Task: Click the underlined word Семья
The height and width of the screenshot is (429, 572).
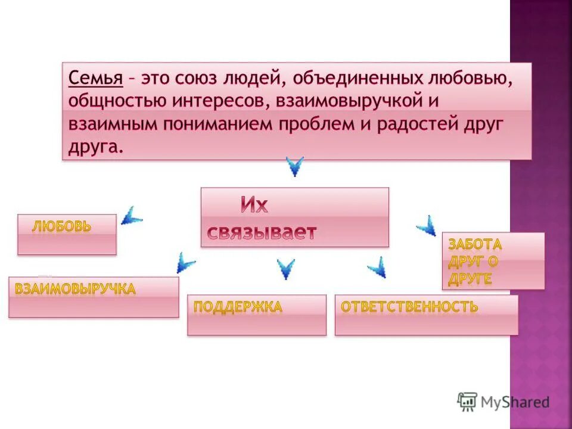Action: (x=96, y=78)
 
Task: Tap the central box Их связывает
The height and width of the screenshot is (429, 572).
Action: (x=294, y=217)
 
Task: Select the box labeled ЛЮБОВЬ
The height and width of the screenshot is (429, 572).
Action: (x=67, y=234)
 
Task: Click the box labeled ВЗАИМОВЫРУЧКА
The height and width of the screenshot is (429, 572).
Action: (x=94, y=297)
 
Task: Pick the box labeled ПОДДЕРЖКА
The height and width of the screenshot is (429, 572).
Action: (x=257, y=315)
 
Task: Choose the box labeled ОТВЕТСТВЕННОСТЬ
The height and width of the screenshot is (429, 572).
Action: (x=426, y=315)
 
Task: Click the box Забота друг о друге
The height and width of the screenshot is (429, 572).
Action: (x=493, y=261)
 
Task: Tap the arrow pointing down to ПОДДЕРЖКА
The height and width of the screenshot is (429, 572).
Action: (x=286, y=269)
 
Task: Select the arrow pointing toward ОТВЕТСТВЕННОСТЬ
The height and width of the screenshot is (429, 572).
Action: (x=377, y=266)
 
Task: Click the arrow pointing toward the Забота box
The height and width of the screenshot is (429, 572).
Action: (x=426, y=225)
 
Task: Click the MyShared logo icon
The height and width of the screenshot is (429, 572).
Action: (x=467, y=402)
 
